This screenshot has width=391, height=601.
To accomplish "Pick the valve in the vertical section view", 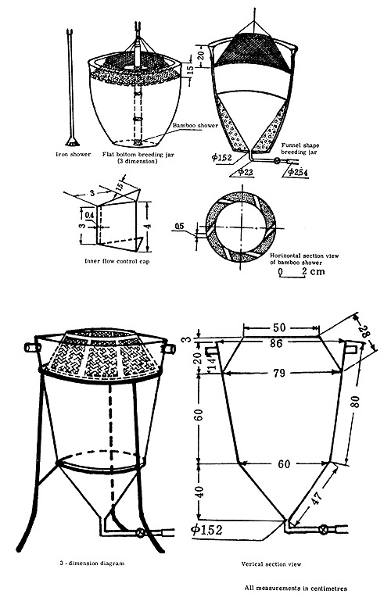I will coord(323,528).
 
